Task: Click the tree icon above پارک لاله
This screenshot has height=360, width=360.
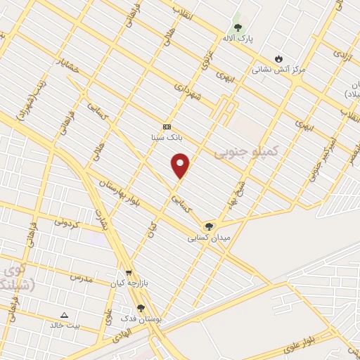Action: [238, 28]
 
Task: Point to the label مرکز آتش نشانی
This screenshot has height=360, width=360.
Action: [280, 70]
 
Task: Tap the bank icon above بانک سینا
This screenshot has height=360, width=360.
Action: [167, 127]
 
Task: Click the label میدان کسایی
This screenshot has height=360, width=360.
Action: [208, 238]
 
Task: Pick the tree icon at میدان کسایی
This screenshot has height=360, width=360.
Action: [208, 226]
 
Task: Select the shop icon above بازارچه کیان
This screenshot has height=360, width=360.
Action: [128, 273]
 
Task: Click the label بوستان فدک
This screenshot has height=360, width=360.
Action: [143, 319]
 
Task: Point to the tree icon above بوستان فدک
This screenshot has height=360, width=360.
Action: [141, 308]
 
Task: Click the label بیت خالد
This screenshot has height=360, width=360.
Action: [65, 325]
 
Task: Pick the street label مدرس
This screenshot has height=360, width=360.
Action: [82, 278]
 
